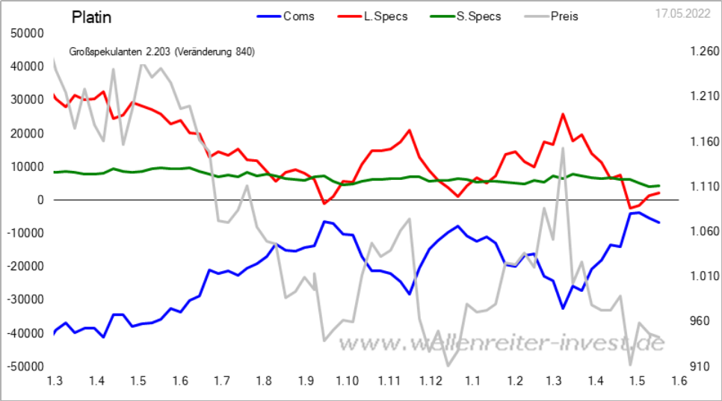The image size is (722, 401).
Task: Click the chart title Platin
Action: click(92, 16)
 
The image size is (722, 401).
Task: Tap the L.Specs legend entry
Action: click(386, 16)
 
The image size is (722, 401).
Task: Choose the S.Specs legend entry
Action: click(479, 16)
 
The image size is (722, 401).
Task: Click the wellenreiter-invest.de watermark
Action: click(501, 344)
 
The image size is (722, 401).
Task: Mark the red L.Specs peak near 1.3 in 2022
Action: click(563, 114)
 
